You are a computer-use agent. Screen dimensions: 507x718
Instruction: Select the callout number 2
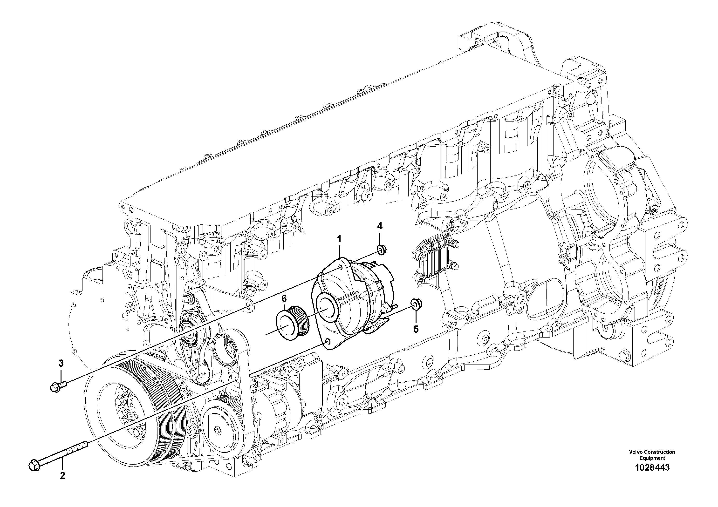coord(62,485)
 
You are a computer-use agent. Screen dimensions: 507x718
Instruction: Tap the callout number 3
coord(61,363)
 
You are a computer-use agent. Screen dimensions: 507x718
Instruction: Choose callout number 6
coord(284,298)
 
